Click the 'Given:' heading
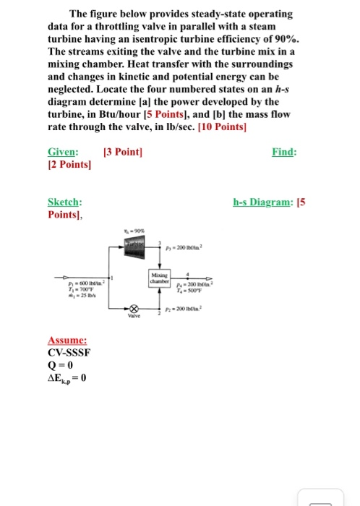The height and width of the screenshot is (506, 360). pos(63,152)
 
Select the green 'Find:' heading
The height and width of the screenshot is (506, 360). pos(283,152)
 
